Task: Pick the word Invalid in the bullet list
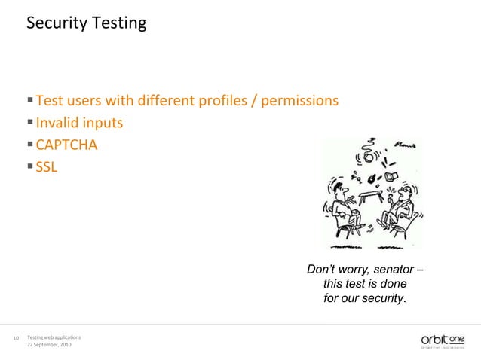pyautogui.click(x=57, y=122)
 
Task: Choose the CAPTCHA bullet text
pyautogui.click(x=66, y=143)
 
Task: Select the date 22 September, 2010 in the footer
pyautogui.click(x=50, y=345)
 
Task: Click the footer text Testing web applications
pyautogui.click(x=54, y=335)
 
